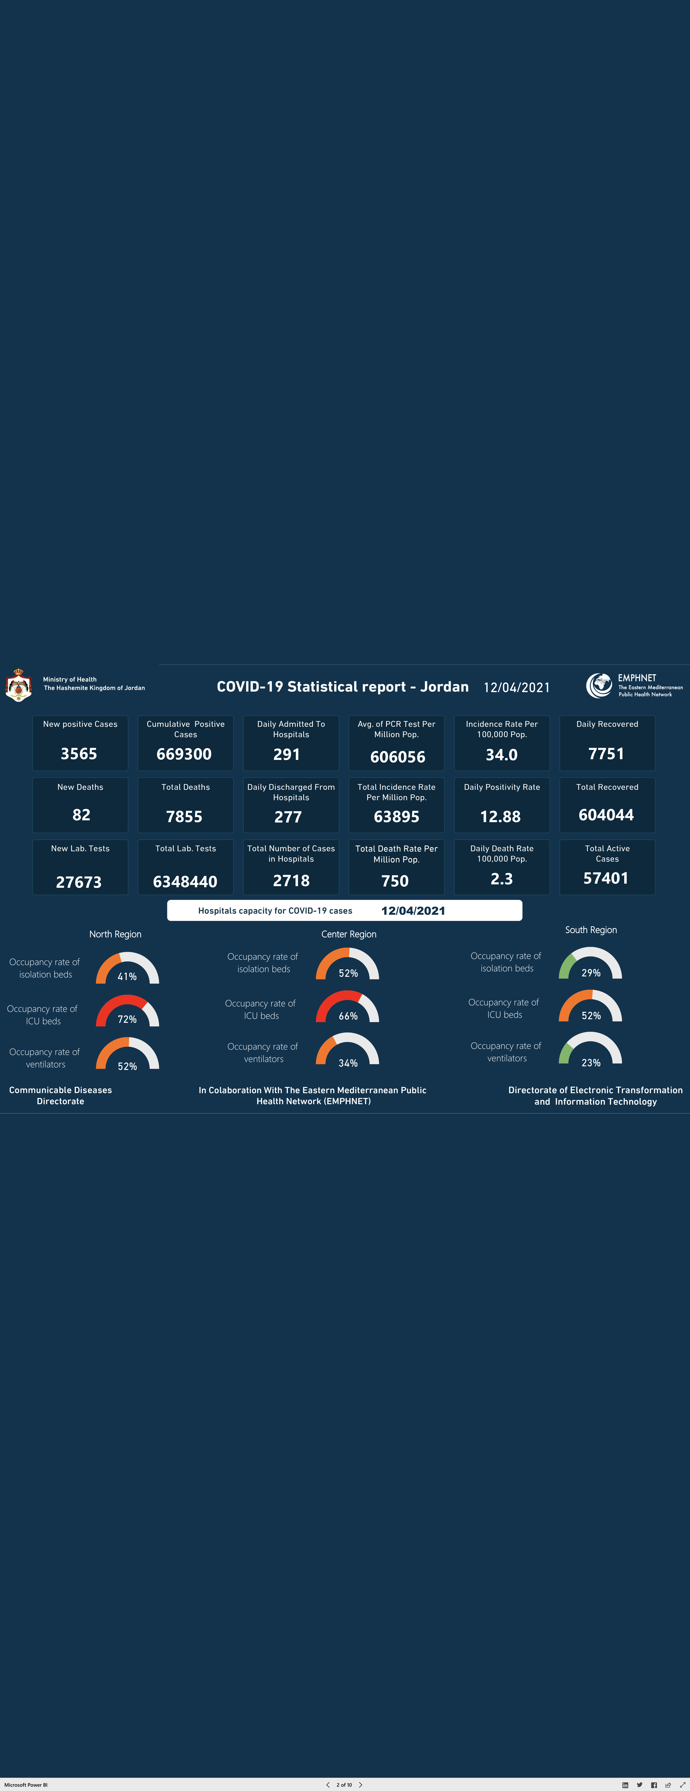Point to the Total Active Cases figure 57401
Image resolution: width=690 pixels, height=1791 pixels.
coord(606,878)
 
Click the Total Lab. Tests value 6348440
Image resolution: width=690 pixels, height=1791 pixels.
coord(185,882)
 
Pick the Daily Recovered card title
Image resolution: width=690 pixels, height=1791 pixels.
coord(607,724)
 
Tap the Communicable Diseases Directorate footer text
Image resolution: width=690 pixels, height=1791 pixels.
coord(60,1096)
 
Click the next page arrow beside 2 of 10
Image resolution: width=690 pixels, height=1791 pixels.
coord(361,1785)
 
